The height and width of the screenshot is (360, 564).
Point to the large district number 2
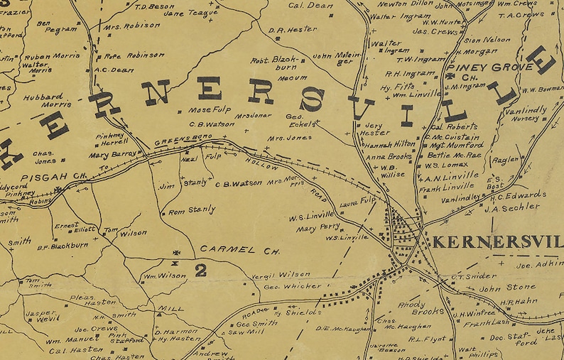coord(201,269)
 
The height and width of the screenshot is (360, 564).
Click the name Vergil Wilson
coord(281,274)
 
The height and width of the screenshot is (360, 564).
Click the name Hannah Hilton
coord(391,143)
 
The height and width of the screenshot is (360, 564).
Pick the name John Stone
coord(507,288)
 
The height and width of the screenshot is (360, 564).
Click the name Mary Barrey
coord(112,153)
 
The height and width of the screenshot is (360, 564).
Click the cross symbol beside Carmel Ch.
coord(176,252)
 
